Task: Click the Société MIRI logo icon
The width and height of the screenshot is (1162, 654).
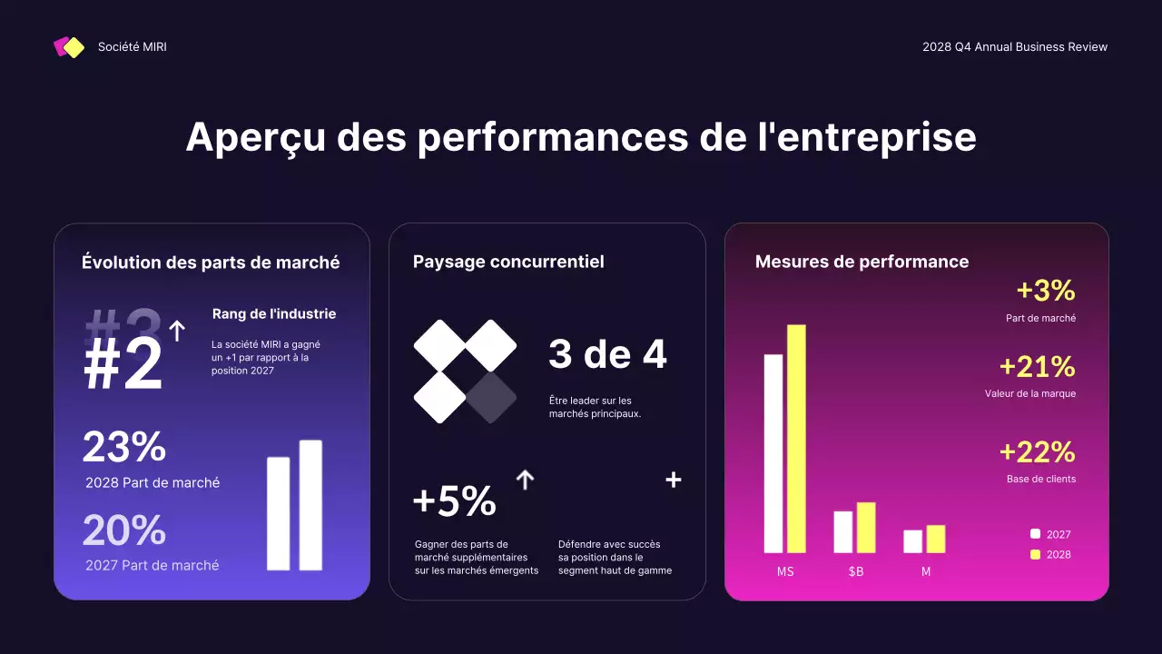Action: click(x=69, y=47)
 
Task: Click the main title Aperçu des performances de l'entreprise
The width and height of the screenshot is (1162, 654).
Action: click(x=581, y=137)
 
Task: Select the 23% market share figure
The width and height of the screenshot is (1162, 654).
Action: click(x=124, y=447)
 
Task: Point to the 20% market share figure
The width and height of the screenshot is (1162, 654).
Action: click(x=124, y=530)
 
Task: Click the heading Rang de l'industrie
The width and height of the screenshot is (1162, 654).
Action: click(x=274, y=314)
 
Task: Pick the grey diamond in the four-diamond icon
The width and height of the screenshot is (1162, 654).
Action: click(x=491, y=397)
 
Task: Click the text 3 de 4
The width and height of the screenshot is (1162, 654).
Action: click(x=607, y=355)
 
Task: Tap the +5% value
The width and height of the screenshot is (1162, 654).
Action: click(x=454, y=501)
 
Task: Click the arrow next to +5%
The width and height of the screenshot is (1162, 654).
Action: click(x=525, y=480)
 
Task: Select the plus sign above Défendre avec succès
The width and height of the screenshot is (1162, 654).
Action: click(x=674, y=480)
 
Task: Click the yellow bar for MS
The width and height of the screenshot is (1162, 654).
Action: click(x=796, y=438)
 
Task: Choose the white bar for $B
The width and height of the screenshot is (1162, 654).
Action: click(x=843, y=531)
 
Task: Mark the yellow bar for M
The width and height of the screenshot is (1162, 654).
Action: click(x=936, y=539)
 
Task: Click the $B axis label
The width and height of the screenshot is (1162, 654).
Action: click(x=855, y=572)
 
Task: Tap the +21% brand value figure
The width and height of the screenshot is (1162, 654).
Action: click(x=1037, y=367)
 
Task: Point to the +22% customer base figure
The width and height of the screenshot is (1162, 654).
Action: click(x=1037, y=451)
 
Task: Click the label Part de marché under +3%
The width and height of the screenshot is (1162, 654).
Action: click(x=1040, y=319)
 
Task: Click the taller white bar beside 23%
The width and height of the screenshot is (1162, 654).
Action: click(x=310, y=505)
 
